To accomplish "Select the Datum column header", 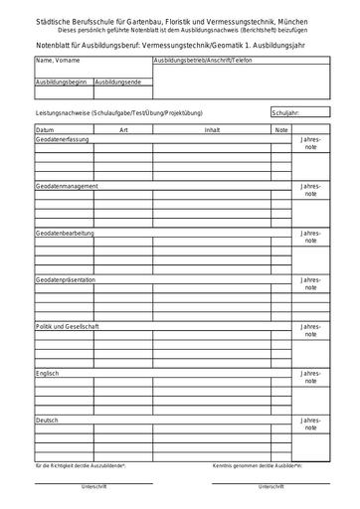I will [x=45, y=130].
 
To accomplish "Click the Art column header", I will [x=123, y=130].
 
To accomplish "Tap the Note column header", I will [x=281, y=130].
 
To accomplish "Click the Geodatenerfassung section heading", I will [x=63, y=139].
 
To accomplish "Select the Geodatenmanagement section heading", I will [x=67, y=186].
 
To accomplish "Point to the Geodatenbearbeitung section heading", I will [x=66, y=233].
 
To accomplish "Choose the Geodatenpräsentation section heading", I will [x=66, y=280].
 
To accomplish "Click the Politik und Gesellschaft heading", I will [x=67, y=327].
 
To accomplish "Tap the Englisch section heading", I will [x=48, y=374].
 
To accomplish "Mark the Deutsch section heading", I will [x=47, y=421].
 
